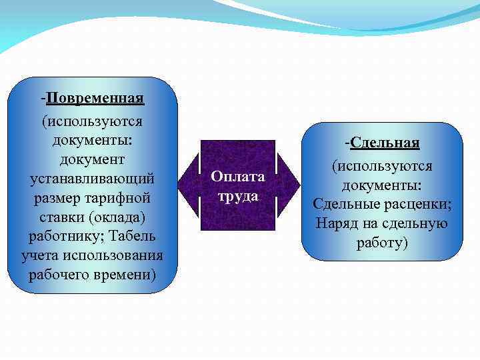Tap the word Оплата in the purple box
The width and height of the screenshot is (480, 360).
click(238, 177)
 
